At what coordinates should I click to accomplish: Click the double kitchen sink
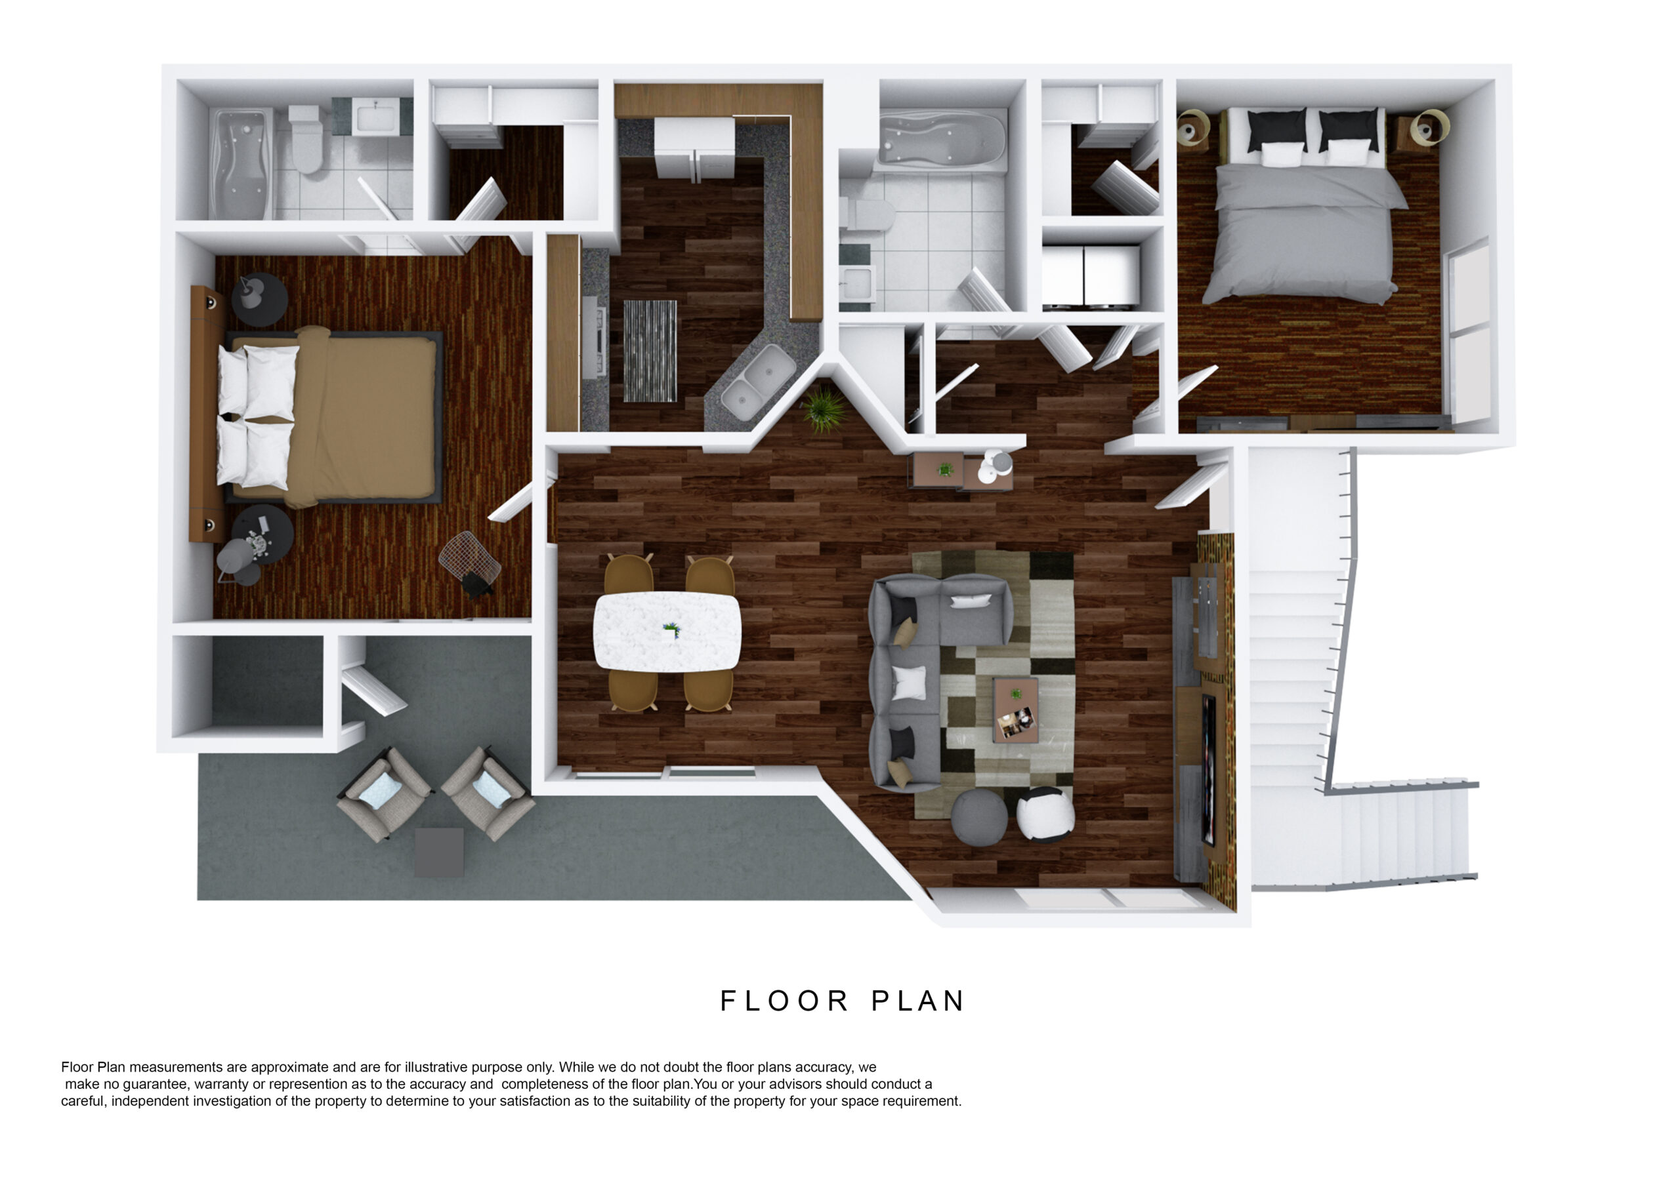757,382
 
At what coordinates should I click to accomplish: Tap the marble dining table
667,631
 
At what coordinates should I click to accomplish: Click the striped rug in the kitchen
650,350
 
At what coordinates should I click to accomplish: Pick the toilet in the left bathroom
306,138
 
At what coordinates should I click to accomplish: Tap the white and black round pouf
1045,813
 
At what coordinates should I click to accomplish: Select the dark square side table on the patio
439,852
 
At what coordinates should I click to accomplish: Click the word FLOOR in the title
784,1001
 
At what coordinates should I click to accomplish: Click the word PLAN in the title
917,1001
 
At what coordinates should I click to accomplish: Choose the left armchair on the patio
385,793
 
